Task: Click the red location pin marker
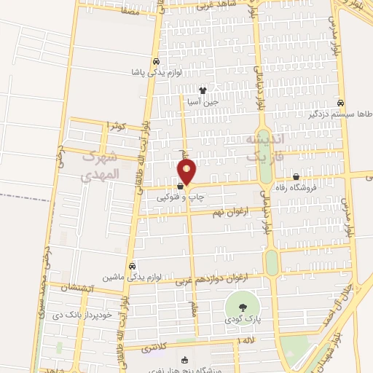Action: coord(187,172)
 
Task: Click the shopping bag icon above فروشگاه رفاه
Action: coord(296,177)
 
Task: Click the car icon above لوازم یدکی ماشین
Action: coord(132,266)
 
